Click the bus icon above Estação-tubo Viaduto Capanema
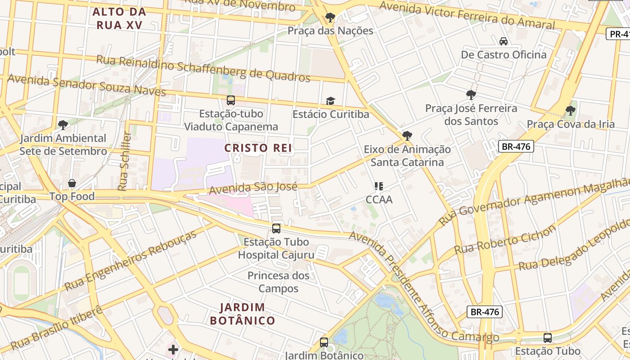[231, 100]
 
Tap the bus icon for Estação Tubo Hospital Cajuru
[276, 229]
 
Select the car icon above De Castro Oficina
[504, 41]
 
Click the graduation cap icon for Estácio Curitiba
[330, 101]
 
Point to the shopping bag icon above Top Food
[72, 183]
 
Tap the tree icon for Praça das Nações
[330, 18]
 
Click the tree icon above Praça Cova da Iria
[570, 110]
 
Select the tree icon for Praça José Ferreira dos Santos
[471, 94]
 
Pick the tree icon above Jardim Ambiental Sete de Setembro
[63, 125]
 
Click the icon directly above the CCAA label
[379, 186]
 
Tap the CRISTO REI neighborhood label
[258, 148]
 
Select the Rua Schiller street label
[125, 161]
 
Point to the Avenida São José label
[253, 188]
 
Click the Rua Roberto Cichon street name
[505, 240]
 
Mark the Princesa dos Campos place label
[278, 282]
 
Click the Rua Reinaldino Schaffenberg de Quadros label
[203, 68]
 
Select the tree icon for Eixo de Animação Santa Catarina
[407, 135]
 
